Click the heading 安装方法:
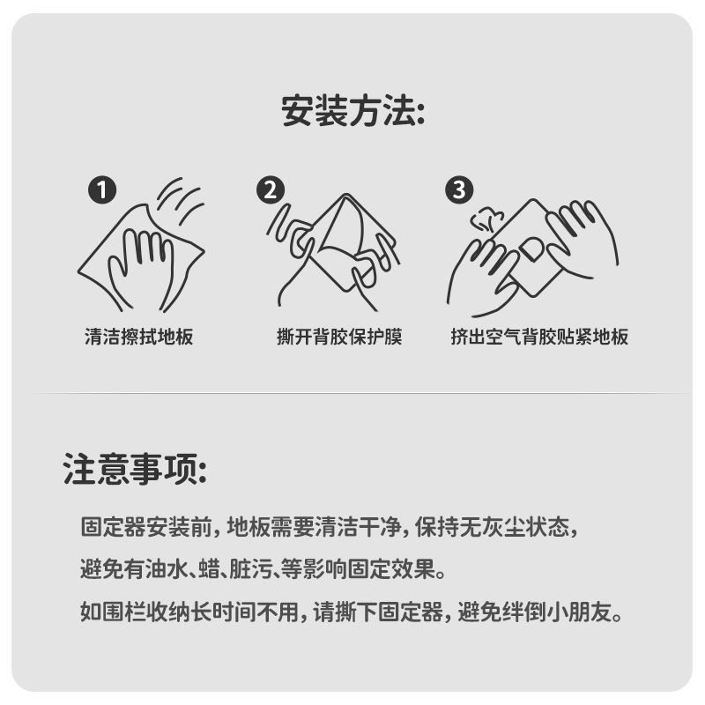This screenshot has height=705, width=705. [353, 111]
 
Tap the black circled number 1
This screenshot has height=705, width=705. [102, 189]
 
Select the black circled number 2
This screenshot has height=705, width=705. [271, 189]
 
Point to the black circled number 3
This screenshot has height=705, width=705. [459, 189]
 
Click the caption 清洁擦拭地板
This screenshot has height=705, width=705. [139, 337]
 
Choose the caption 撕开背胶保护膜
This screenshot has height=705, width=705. [339, 337]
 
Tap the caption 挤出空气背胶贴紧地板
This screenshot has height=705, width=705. [539, 337]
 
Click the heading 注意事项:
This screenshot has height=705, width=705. [135, 469]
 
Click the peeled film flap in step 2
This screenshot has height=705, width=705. [347, 229]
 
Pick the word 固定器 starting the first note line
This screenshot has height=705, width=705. [114, 527]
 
